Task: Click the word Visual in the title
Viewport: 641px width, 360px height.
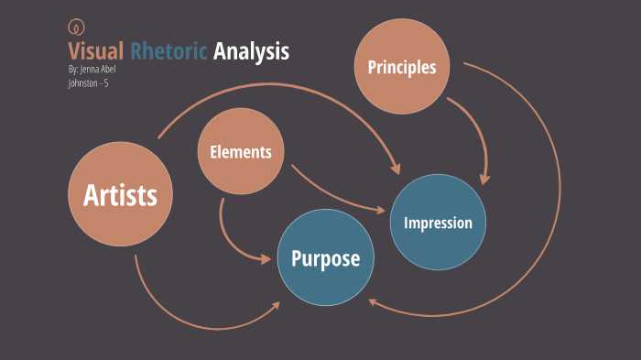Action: pyautogui.click(x=95, y=51)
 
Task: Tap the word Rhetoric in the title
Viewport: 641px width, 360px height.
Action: pyautogui.click(x=169, y=51)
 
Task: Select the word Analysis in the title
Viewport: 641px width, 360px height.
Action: pyautogui.click(x=251, y=51)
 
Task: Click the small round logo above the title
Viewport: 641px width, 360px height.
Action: pyautogui.click(x=74, y=27)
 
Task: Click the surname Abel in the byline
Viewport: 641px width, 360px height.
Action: pyautogui.click(x=108, y=70)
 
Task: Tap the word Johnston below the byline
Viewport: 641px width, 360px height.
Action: pyautogui.click(x=82, y=83)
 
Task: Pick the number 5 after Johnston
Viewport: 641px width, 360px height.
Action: pyautogui.click(x=106, y=83)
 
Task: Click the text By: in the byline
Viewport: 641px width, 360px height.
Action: pyautogui.click(x=72, y=70)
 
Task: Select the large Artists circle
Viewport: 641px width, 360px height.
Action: pyautogui.click(x=120, y=194)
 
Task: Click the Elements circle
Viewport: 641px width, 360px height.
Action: pyautogui.click(x=241, y=152)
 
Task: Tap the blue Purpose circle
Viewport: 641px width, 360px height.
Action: pyautogui.click(x=325, y=258)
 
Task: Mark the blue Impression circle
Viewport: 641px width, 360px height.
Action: pyautogui.click(x=438, y=223)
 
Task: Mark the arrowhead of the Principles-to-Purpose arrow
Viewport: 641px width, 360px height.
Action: pyautogui.click(x=371, y=301)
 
